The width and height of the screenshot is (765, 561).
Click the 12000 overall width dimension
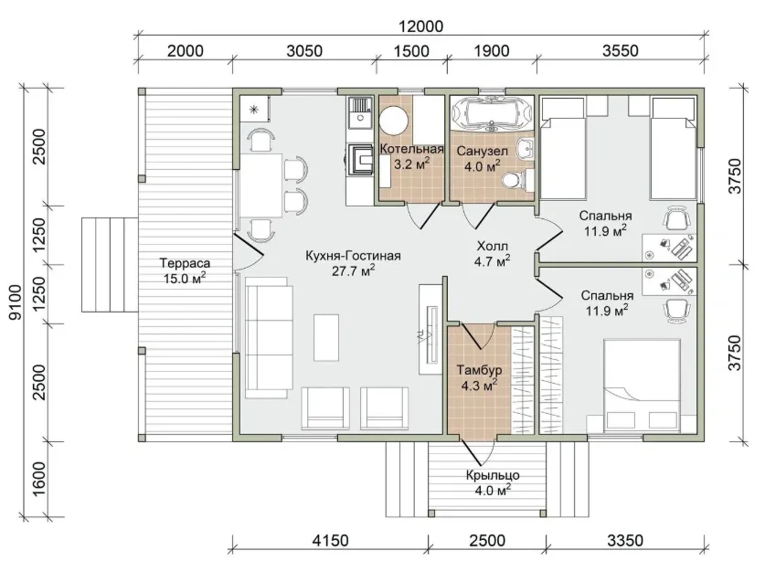420,26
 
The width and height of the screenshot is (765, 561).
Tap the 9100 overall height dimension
16,302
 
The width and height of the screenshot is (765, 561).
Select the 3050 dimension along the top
304,51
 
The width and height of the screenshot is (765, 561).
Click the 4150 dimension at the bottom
330,541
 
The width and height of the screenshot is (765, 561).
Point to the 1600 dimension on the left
39,480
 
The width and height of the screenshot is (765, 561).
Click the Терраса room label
185,263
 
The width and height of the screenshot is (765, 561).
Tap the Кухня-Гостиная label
353,256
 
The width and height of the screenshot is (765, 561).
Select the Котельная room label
411,149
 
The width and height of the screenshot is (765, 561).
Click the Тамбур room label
479,370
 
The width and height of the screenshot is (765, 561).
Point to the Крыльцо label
493,474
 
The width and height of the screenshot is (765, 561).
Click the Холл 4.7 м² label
493,253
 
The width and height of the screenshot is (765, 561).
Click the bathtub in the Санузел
492,113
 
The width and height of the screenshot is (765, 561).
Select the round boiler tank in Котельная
394,121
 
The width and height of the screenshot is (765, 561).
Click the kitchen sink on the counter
359,112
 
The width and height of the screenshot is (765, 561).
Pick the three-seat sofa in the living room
269,337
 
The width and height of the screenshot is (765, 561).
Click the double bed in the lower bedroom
642,385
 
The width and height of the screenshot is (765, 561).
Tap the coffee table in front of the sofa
326,337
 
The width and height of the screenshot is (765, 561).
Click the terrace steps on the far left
110,265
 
